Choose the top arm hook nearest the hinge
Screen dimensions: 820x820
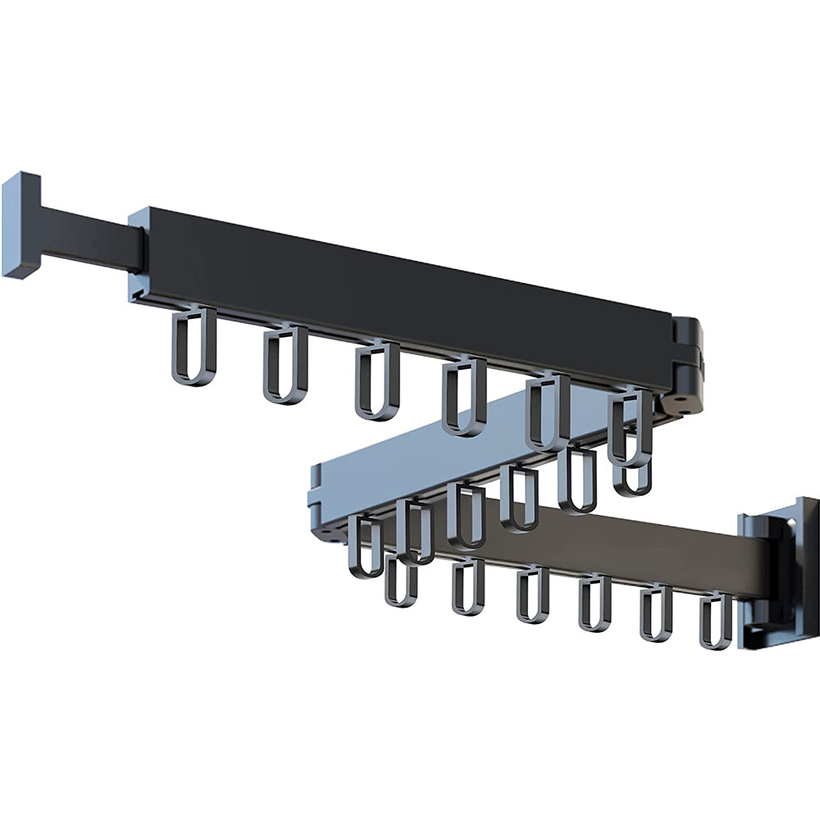(630, 426)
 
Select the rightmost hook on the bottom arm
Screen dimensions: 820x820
(715, 622)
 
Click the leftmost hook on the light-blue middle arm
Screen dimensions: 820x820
(365, 545)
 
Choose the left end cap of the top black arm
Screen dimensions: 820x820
(138, 254)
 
